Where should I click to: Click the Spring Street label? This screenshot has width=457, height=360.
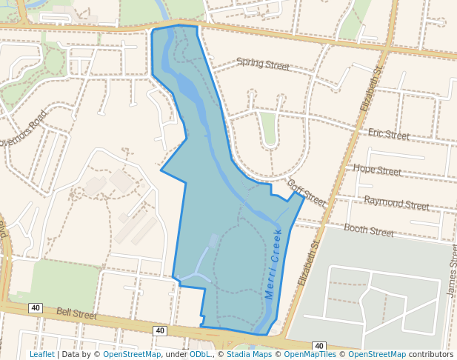coord(262,64)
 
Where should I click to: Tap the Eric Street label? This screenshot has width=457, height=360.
coord(388,135)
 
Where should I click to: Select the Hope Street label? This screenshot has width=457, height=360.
coord(376,170)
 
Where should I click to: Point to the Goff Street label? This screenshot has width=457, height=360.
coord(306,193)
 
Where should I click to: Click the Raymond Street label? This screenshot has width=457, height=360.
coord(396,203)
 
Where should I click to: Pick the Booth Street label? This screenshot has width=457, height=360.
coord(369,230)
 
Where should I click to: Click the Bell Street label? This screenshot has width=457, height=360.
coord(76,315)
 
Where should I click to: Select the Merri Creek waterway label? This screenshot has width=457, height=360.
coord(273,264)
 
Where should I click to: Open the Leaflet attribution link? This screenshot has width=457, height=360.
coord(41,354)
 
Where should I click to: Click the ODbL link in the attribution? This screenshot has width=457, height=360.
coord(200,354)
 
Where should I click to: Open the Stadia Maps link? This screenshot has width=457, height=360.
coord(249,354)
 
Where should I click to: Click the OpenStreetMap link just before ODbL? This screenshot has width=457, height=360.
coord(132,354)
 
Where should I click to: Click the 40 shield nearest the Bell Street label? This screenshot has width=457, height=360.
coord(36,307)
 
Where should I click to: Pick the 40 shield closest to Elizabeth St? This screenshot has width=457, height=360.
coord(318,346)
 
